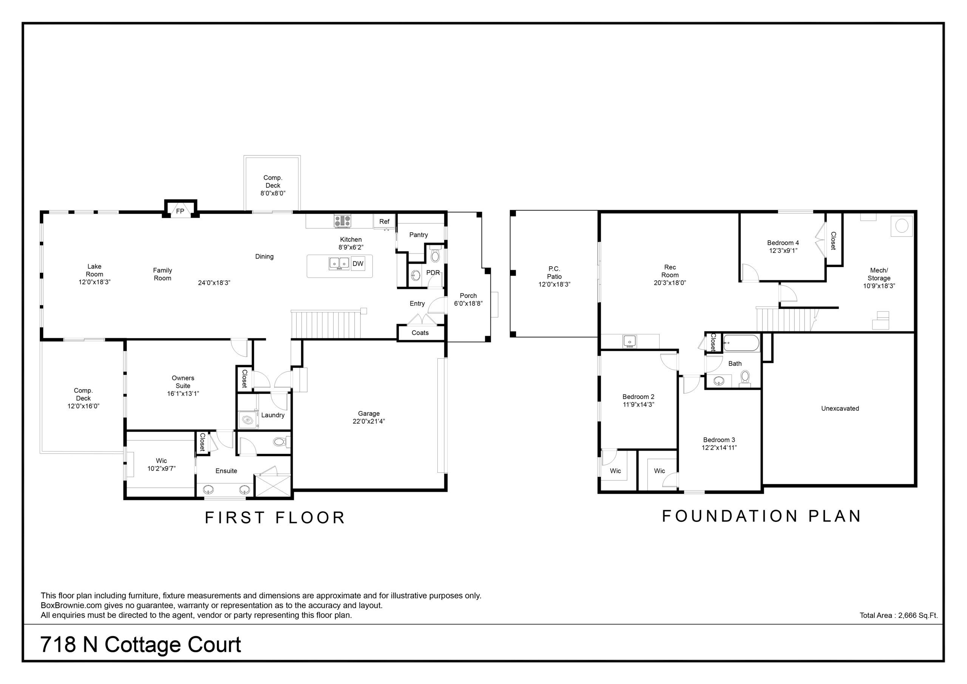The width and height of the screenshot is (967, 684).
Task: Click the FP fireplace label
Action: (x=180, y=211)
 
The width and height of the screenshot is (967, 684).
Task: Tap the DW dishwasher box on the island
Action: (x=358, y=264)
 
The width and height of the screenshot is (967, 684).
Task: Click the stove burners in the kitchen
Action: (x=342, y=221)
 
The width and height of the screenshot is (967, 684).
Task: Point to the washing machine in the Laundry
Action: (x=248, y=420)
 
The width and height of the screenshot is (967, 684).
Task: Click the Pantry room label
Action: (x=418, y=235)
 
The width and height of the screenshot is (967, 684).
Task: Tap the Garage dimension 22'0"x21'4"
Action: (x=369, y=421)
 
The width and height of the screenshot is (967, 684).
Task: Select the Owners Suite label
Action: (x=183, y=382)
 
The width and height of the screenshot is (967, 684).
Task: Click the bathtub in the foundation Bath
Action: (x=741, y=343)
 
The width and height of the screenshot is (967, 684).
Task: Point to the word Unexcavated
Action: (x=840, y=409)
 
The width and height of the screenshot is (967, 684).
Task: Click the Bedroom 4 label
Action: (x=783, y=243)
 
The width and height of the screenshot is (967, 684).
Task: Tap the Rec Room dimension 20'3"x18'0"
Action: (x=670, y=283)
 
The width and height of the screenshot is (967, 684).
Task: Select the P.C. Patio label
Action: (x=554, y=273)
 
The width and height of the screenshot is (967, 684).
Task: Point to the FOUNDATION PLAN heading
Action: (x=761, y=516)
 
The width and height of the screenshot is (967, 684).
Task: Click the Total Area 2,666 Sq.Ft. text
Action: (x=899, y=615)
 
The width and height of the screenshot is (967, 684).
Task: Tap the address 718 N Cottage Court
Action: (x=141, y=644)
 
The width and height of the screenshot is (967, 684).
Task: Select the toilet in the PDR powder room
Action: (x=435, y=255)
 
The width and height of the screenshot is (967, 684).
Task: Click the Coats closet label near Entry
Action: (x=420, y=333)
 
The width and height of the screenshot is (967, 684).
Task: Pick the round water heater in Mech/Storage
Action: (x=901, y=226)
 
